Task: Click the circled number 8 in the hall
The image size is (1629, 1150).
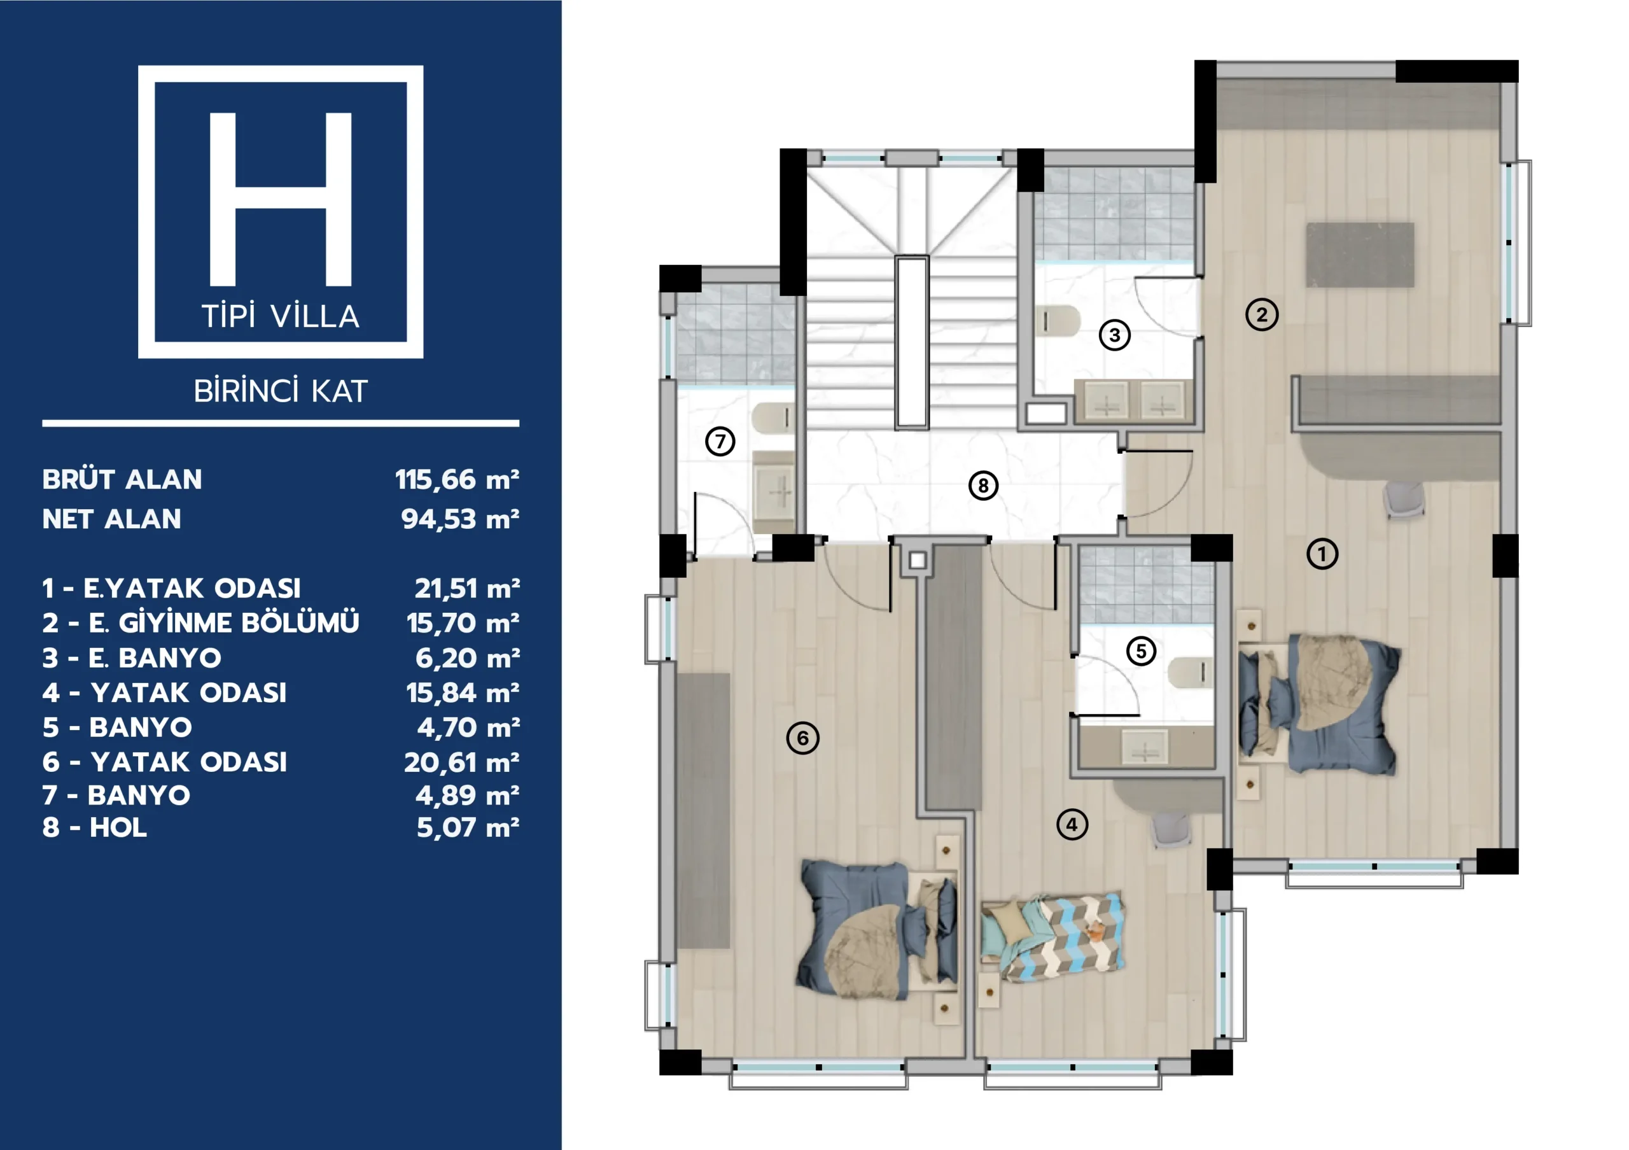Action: coord(982,486)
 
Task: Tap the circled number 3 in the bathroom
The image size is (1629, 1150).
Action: coord(1115,335)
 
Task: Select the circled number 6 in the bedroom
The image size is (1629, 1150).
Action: coord(802,738)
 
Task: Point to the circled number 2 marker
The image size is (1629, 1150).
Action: coord(1261,314)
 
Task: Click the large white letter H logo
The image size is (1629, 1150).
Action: coord(281,199)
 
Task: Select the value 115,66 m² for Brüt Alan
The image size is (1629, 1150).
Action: coord(457,480)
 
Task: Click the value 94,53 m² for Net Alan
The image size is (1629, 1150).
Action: coord(460,519)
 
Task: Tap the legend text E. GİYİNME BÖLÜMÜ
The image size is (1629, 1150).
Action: coord(223,623)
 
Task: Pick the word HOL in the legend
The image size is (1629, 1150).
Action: coord(118,827)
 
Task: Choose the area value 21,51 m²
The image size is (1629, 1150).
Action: coord(467,588)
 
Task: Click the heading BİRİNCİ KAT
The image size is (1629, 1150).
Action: coord(281,391)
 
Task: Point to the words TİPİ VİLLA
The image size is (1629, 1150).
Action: coord(281,316)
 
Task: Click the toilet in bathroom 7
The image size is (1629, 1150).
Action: coord(773,419)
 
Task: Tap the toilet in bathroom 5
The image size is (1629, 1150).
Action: coord(1191,673)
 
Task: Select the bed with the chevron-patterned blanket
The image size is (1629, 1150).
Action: coord(1053,937)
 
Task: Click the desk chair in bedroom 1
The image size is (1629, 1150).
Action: coord(1403,500)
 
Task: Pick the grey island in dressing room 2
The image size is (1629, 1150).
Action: coord(1360,255)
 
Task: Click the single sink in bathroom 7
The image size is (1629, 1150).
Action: coord(773,491)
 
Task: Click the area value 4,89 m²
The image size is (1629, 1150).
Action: coord(467,796)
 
